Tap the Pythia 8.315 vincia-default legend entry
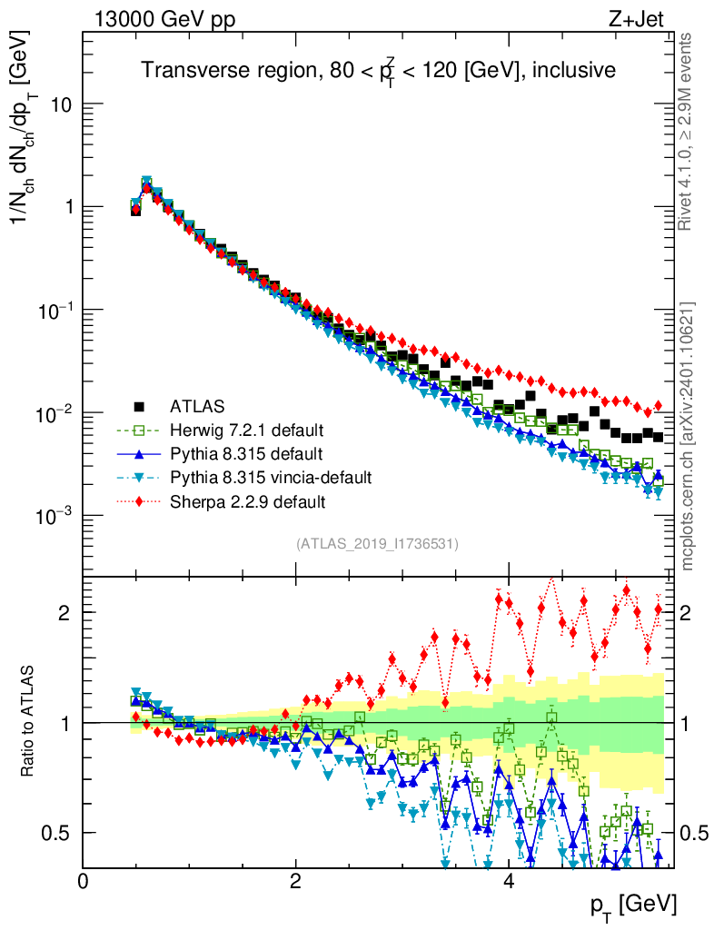pyautogui.click(x=270, y=476)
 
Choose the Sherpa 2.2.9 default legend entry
pyautogui.click(x=245, y=500)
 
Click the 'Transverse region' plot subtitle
pyautogui.click(x=378, y=71)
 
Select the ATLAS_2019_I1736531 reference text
pyautogui.click(x=377, y=544)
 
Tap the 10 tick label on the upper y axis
pyautogui.click(x=60, y=104)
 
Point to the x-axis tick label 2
pyautogui.click(x=296, y=881)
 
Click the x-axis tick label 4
pyautogui.click(x=509, y=881)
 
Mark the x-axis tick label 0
pyautogui.click(x=84, y=881)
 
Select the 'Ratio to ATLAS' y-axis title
pyautogui.click(x=30, y=723)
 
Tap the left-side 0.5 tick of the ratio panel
pyautogui.click(x=60, y=833)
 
